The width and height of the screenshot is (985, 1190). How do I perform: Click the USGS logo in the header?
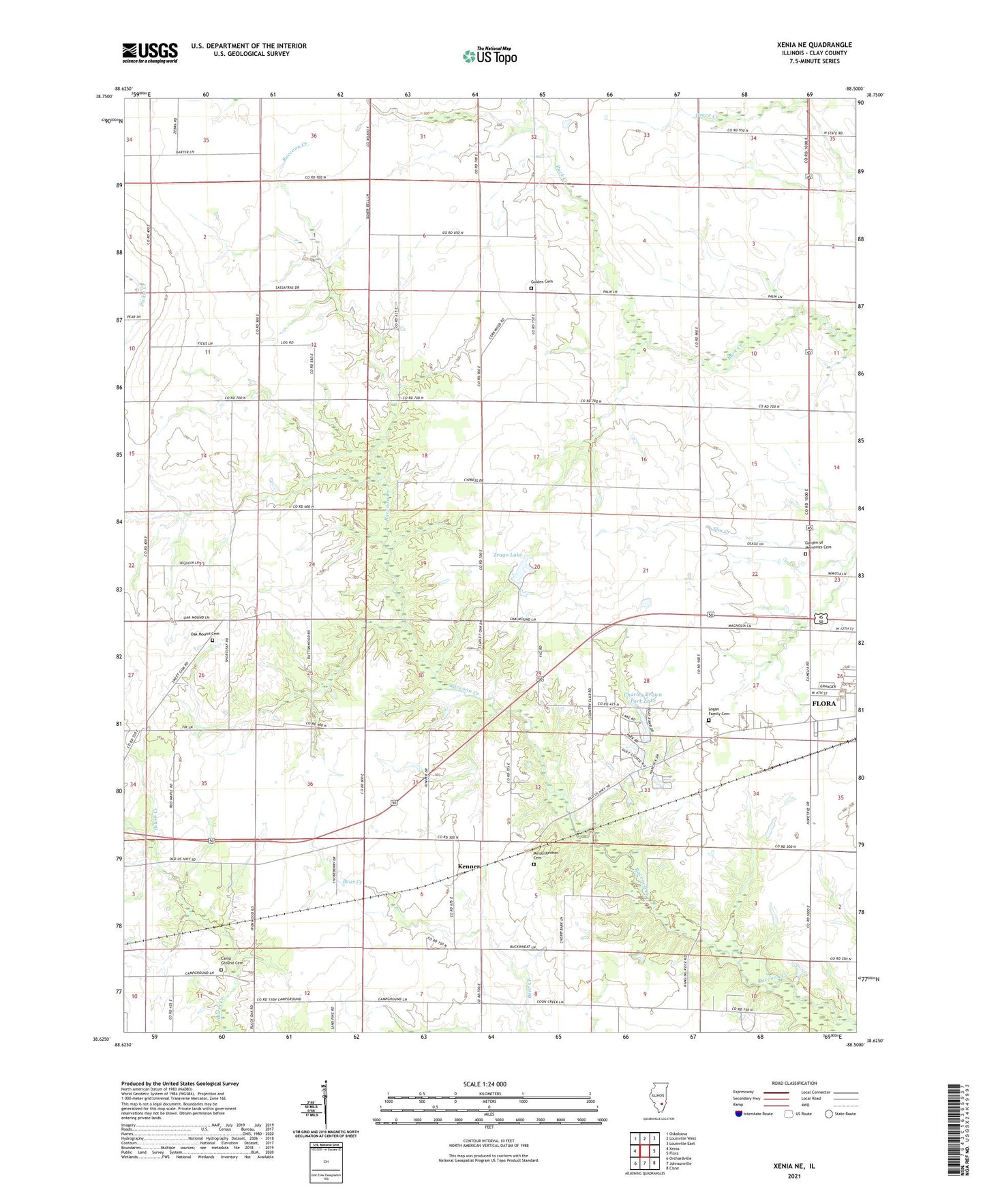click(149, 52)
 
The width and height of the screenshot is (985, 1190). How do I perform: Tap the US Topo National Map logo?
click(489, 55)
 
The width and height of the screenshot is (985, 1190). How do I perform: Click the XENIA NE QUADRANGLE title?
click(814, 45)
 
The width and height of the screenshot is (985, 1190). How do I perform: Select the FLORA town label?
click(823, 703)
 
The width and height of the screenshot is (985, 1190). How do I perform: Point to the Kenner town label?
click(469, 866)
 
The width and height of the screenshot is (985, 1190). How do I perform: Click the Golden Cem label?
click(542, 281)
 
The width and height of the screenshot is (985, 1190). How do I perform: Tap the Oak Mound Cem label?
click(204, 634)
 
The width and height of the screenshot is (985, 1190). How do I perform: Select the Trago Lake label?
click(507, 555)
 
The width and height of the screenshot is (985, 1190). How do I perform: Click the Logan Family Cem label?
click(716, 712)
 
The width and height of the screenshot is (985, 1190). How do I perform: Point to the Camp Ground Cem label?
click(230, 962)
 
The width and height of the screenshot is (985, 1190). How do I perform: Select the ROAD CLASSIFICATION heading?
click(794, 1083)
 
